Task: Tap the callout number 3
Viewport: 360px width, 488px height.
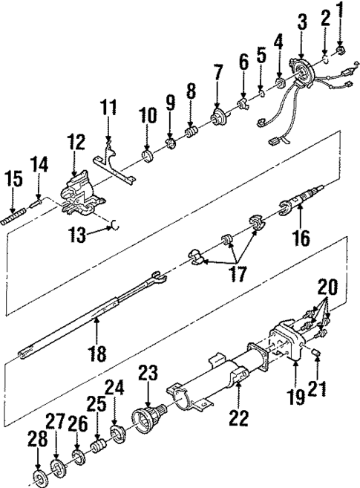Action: [301, 22]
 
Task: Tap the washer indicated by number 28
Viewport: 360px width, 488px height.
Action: [39, 475]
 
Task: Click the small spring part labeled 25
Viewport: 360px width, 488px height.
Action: [96, 450]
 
